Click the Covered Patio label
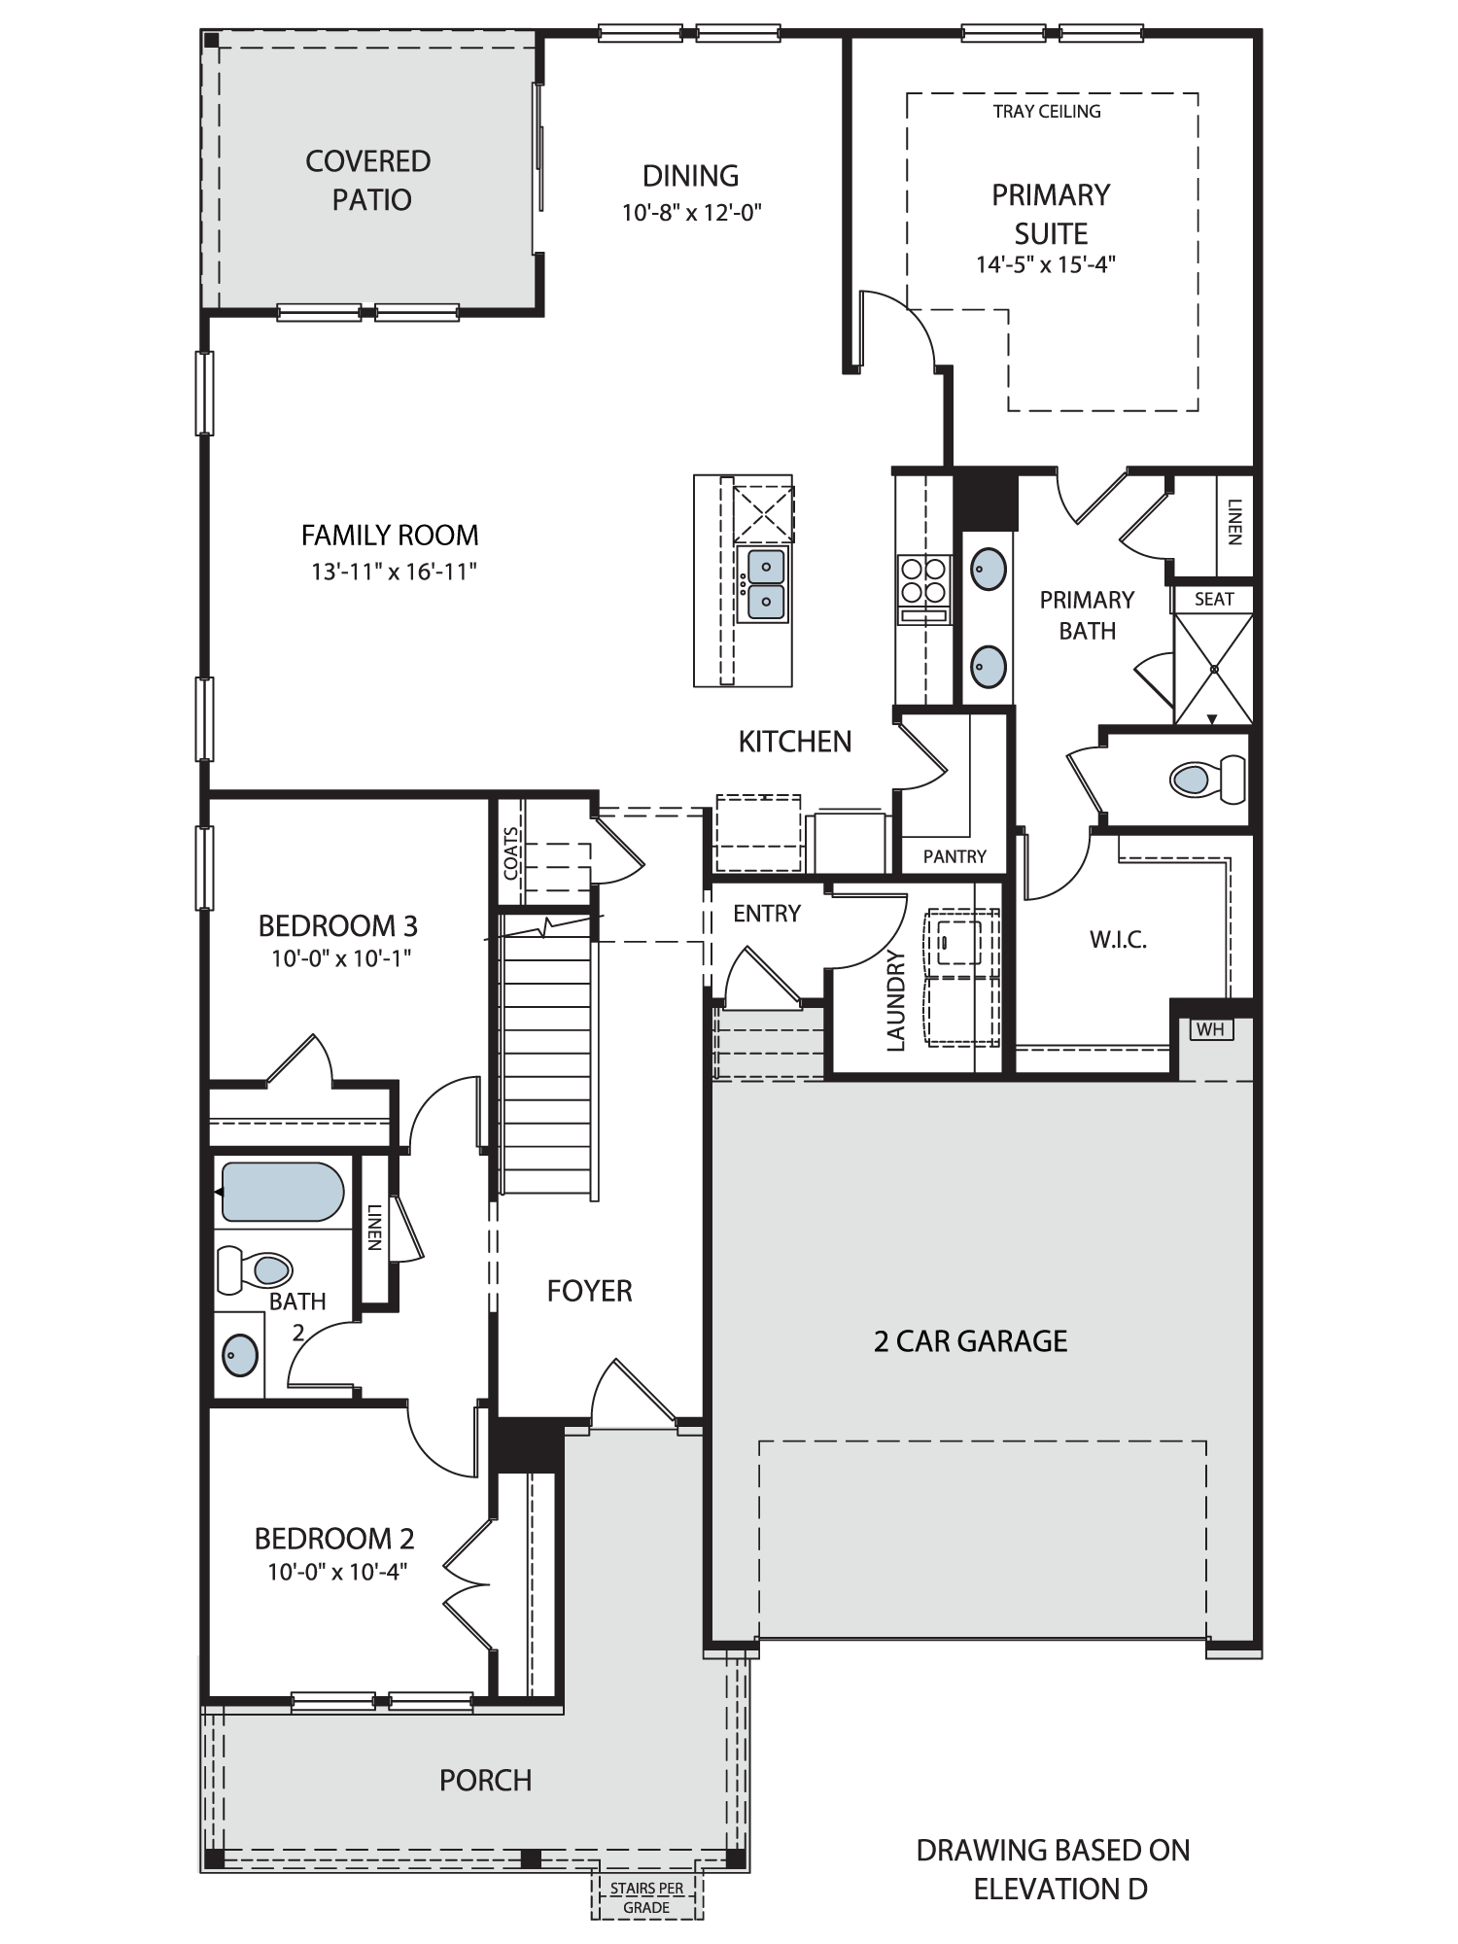coord(368,180)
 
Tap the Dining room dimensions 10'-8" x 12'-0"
coord(691,212)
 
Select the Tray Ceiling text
coord(1047,112)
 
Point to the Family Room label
coord(390,535)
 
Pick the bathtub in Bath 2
coord(283,1192)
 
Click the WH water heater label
coord(1210,1028)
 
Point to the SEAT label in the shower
coord(1214,600)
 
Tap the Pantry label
coord(955,856)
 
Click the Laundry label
coord(896,1001)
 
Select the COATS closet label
coord(511,852)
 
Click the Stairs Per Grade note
coord(646,1898)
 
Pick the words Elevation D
coord(1060,1889)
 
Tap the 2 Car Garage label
coord(970,1341)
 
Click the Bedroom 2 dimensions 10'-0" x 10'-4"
coord(337,1572)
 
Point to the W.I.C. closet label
coord(1118,940)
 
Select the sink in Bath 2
coord(241,1354)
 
